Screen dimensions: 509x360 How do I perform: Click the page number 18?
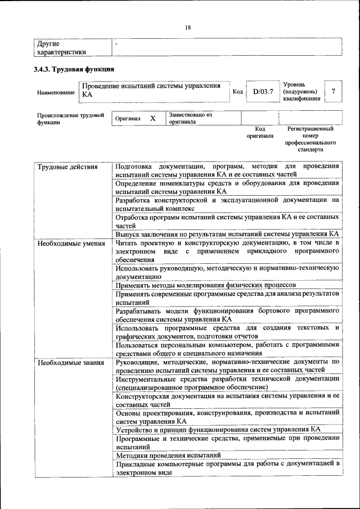click(x=187, y=26)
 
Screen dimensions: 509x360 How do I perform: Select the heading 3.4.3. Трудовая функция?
click(x=74, y=69)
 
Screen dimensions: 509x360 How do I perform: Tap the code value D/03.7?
click(x=262, y=91)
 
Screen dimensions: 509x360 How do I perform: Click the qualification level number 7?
click(x=334, y=91)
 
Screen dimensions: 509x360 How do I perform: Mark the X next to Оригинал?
click(x=152, y=119)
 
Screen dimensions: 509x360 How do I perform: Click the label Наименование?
click(x=56, y=92)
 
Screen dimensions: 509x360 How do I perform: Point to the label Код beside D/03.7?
click(x=237, y=91)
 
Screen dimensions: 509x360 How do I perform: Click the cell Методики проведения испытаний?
click(x=168, y=454)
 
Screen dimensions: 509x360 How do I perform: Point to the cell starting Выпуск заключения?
click(x=227, y=233)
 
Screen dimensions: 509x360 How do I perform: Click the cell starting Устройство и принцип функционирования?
click(x=218, y=429)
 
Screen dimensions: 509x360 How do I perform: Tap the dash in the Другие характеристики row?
click(x=116, y=43)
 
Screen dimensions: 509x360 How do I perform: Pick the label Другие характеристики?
click(x=61, y=48)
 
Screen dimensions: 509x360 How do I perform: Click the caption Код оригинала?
click(x=260, y=132)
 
